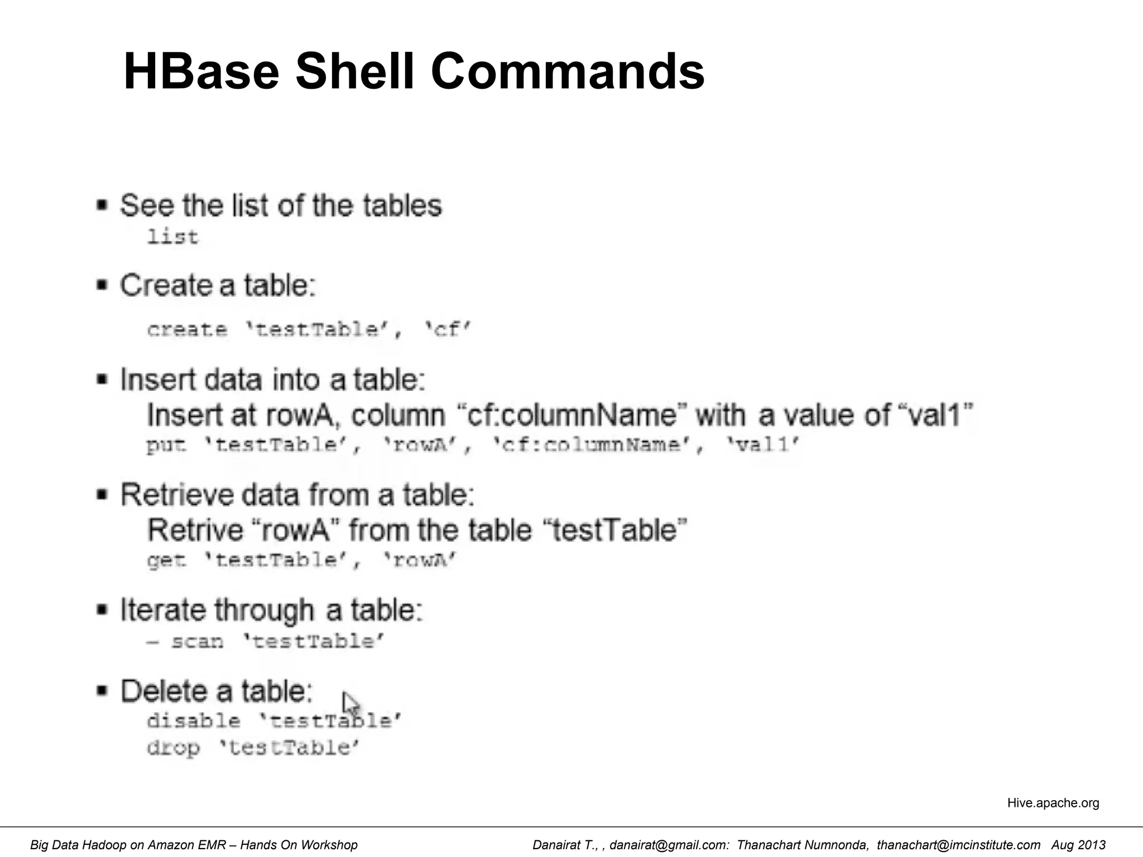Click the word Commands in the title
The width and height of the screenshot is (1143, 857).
coord(568,71)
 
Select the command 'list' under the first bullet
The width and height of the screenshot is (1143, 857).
coord(172,237)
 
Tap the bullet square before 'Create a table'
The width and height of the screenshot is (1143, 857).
coord(102,286)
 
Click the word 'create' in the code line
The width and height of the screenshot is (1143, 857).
coord(187,330)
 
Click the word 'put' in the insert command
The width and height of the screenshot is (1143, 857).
coord(165,445)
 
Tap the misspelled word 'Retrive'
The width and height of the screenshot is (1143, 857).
coord(195,529)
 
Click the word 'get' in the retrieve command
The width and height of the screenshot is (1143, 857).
coord(166,560)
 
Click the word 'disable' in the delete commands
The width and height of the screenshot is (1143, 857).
coord(193,721)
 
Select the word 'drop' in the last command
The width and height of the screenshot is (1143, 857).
coord(173,748)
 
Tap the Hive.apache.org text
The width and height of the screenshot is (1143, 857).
coord(1053,803)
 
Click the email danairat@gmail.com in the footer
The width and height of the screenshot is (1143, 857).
coord(669,845)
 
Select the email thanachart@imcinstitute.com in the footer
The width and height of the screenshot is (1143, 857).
coord(958,845)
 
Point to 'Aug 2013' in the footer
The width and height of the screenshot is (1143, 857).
coord(1078,845)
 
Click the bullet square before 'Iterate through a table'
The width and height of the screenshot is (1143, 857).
coord(102,610)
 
